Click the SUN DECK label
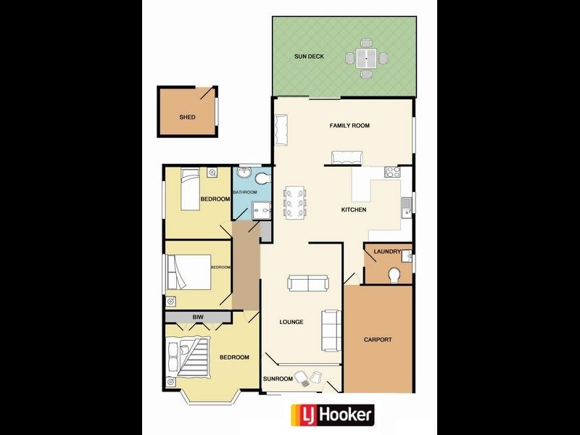click(x=310, y=56)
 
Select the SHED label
click(x=188, y=117)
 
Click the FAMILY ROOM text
click(x=349, y=125)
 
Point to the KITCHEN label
click(x=354, y=210)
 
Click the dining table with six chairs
click(x=295, y=202)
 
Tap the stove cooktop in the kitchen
click(x=392, y=173)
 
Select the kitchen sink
click(x=407, y=205)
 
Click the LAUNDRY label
click(x=387, y=252)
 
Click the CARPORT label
click(x=378, y=339)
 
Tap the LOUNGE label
click(x=291, y=322)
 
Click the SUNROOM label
click(x=278, y=379)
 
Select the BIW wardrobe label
click(x=196, y=317)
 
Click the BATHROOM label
click(x=244, y=192)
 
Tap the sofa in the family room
click(x=347, y=157)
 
